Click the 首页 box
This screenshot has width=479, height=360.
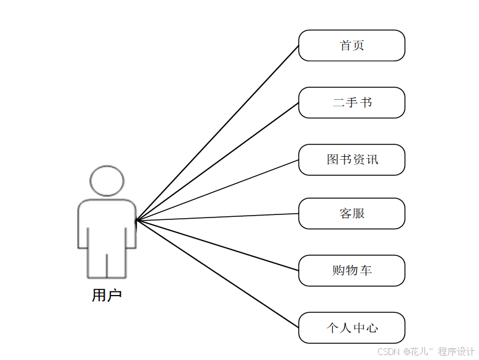coord(351,46)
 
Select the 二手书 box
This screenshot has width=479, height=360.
coord(351,103)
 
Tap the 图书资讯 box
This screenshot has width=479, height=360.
coord(351,160)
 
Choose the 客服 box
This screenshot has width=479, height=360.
coord(351,214)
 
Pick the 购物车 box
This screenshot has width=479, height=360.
coord(351,271)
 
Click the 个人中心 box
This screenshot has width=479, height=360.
coord(351,328)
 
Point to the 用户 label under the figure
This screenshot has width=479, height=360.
coord(107,296)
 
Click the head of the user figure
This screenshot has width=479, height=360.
coord(107,181)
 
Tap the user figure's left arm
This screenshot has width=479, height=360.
coord(82,226)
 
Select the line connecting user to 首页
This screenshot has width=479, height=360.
coord(217,133)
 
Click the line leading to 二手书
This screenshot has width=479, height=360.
coord(217,162)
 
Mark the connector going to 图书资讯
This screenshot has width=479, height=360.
coord(217,190)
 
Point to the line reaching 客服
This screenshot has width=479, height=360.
coord(217,217)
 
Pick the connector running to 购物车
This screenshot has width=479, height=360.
coord(217,245)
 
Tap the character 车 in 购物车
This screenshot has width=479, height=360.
coord(366,271)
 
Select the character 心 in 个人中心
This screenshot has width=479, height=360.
coord(372,328)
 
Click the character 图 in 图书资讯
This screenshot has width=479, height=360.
coord(333,160)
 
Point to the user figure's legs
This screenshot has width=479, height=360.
coord(107,263)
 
